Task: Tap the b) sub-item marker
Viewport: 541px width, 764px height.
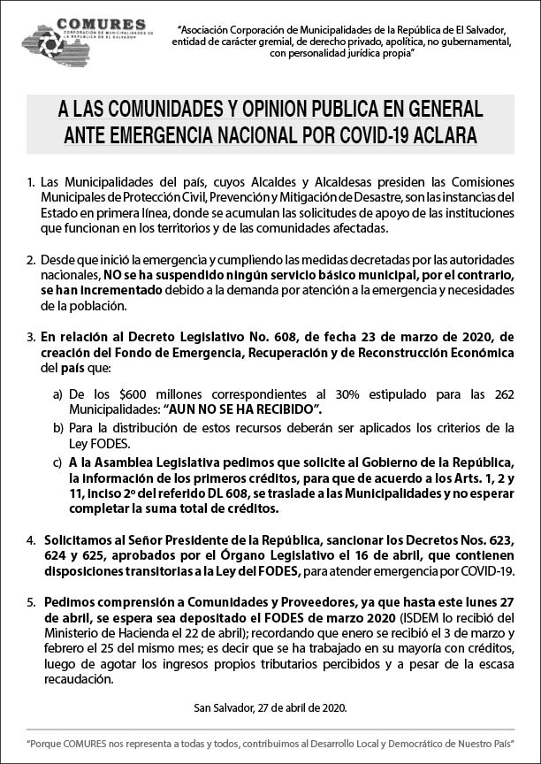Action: [x=57, y=428]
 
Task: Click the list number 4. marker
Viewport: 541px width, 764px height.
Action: [x=31, y=539]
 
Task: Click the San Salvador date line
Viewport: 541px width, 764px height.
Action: [x=270, y=707]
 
